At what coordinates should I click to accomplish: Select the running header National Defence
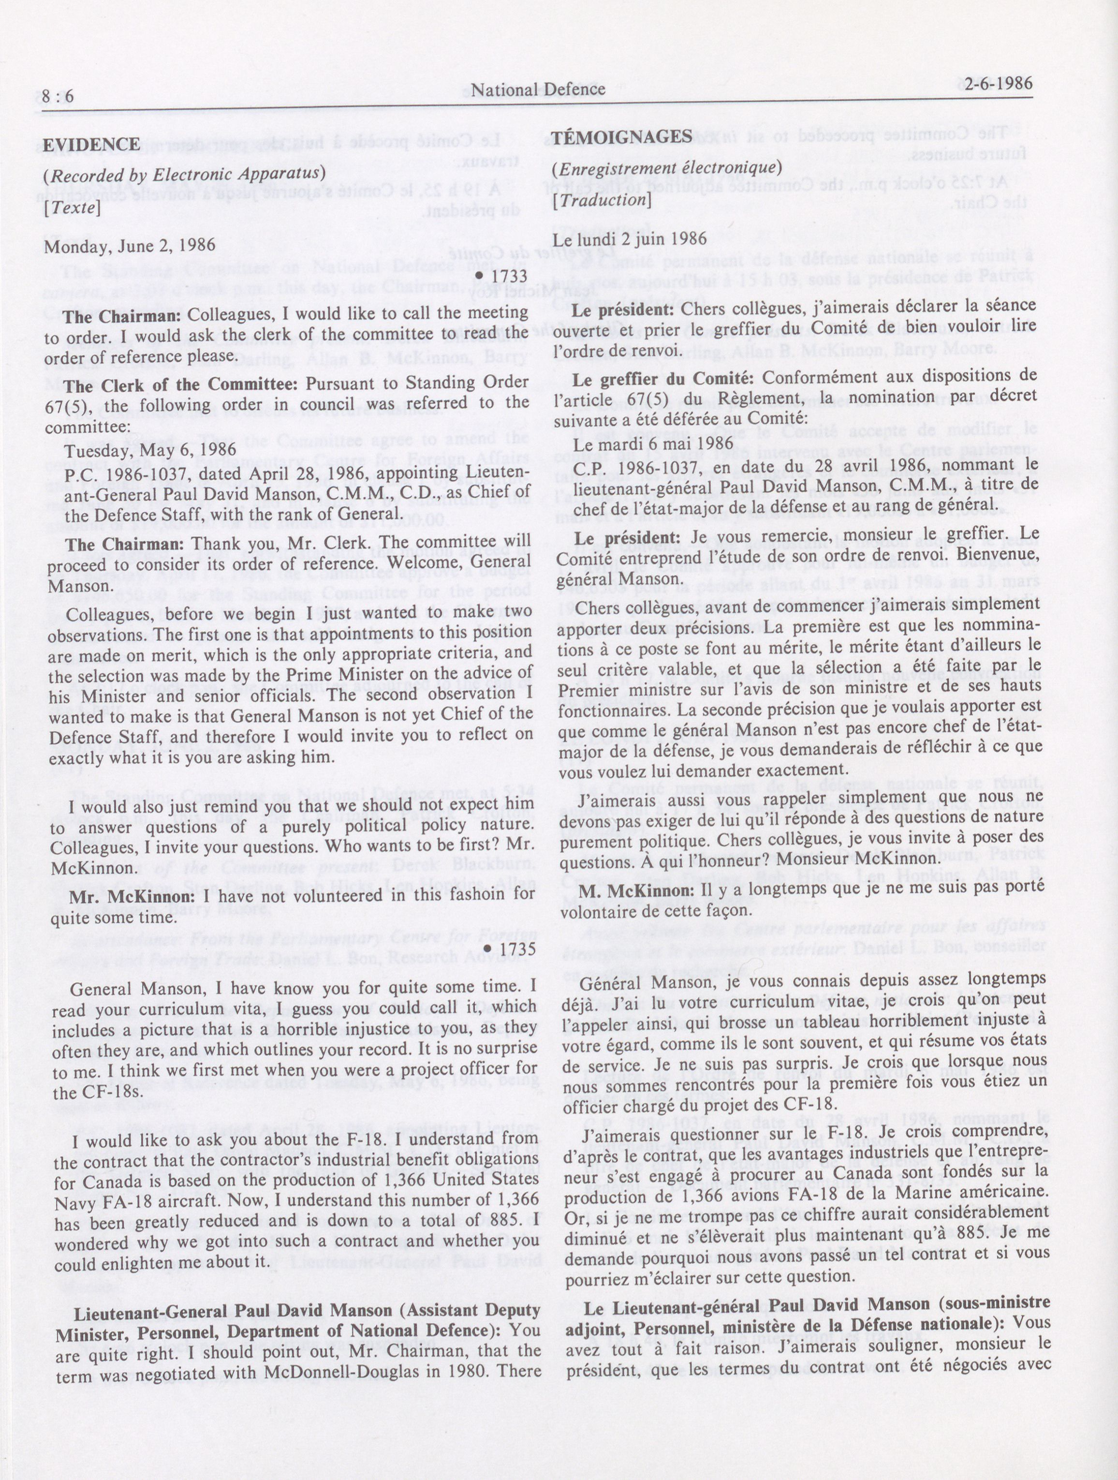click(x=538, y=89)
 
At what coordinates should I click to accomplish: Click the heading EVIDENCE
click(x=92, y=145)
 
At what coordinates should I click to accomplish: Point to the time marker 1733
click(x=506, y=276)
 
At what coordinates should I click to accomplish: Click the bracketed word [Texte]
click(x=72, y=208)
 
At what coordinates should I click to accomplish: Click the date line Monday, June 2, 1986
click(x=130, y=246)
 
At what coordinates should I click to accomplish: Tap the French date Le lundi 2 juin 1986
click(x=630, y=239)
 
